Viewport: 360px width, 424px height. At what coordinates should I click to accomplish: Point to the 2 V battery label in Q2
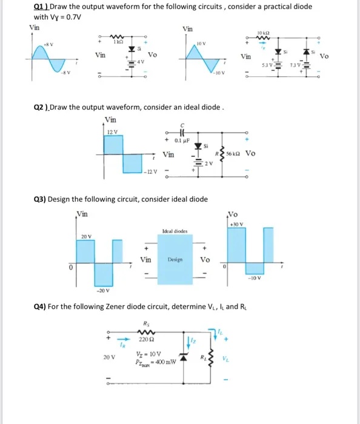point(208,164)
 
